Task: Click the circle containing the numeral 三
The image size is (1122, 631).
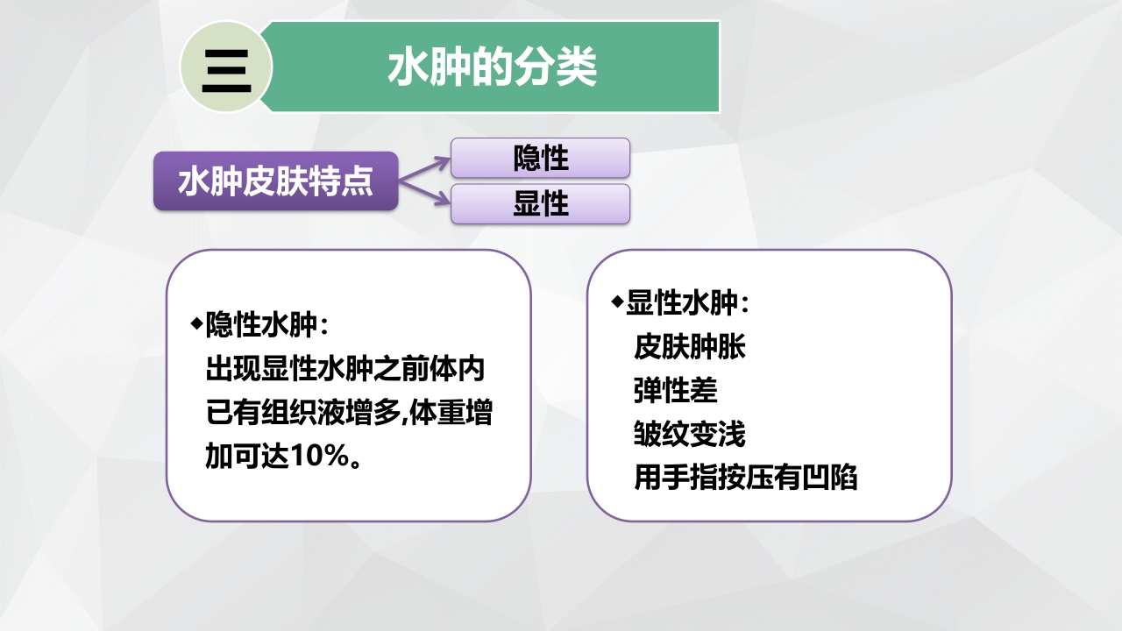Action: [226, 67]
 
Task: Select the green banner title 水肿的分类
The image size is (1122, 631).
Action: [492, 67]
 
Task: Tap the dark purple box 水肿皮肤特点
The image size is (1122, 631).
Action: [276, 181]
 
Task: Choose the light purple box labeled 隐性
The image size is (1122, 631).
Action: [540, 159]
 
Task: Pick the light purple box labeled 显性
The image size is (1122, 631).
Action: [540, 204]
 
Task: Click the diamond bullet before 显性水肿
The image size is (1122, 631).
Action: [617, 301]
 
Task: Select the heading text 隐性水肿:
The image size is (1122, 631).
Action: [266, 326]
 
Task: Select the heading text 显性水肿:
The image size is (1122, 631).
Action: [687, 303]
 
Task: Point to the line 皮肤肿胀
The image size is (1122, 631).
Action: [689, 347]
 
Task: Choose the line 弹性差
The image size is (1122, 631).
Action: [675, 391]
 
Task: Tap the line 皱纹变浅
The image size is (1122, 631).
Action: [689, 435]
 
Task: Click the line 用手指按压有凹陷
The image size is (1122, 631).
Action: [745, 479]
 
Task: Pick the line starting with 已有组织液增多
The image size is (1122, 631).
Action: [348, 414]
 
